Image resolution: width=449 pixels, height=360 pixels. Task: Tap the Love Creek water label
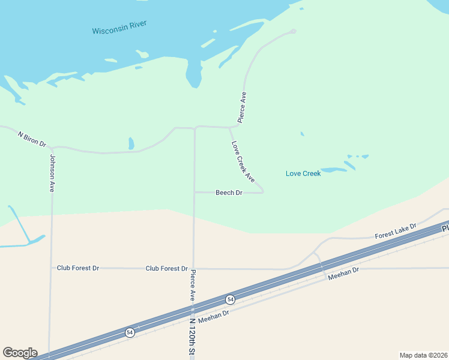pos(303,173)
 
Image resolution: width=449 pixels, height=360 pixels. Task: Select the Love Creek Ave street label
pos(243,162)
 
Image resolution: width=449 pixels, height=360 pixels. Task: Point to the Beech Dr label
pos(229,193)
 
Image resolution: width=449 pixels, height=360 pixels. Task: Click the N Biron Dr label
pos(32,139)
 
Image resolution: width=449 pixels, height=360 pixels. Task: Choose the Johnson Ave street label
pos(52,173)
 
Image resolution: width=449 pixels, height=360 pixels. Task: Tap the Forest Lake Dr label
pos(396,233)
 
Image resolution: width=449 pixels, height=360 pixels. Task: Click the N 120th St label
pos(193,338)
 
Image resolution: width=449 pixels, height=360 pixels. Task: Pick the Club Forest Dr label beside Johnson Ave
pos(78,268)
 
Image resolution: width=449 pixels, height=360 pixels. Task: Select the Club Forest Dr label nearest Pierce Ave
pos(166,268)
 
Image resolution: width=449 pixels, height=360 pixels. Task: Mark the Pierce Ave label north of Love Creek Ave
pos(243,107)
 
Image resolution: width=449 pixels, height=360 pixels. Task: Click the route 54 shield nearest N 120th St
pos(230,299)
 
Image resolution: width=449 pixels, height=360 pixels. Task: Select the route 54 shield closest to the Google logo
pos(130,332)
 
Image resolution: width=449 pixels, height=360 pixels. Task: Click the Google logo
pos(20,353)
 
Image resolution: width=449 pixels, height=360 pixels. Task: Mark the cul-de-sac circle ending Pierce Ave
pos(293,31)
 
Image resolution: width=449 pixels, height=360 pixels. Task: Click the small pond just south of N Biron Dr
pos(131,143)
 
